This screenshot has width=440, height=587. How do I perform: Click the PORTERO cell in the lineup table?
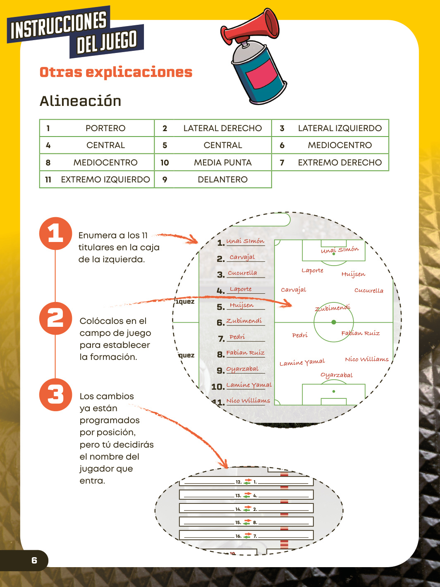tap(97, 128)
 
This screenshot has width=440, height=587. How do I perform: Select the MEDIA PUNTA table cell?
tap(213, 162)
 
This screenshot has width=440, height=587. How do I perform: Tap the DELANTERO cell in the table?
tap(213, 180)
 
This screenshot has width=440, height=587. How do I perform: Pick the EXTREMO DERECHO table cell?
tap(330, 162)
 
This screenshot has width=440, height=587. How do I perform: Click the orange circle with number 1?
tap(55, 233)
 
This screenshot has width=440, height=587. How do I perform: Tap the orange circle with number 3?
tap(55, 395)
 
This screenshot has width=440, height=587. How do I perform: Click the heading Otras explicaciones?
tap(116, 72)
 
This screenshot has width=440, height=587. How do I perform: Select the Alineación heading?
tap(80, 101)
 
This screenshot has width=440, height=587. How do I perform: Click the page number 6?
tap(34, 560)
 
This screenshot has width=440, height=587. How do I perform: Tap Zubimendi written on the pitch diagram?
tap(332, 308)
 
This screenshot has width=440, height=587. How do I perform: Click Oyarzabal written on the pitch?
tap(337, 375)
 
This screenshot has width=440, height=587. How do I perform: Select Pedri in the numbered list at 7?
tap(237, 337)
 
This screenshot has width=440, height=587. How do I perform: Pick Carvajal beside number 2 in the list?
tap(242, 257)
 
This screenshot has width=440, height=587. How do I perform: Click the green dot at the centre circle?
tap(334, 322)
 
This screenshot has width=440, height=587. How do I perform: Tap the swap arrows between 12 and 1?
tap(248, 482)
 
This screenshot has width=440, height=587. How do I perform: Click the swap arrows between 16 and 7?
tap(248, 536)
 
